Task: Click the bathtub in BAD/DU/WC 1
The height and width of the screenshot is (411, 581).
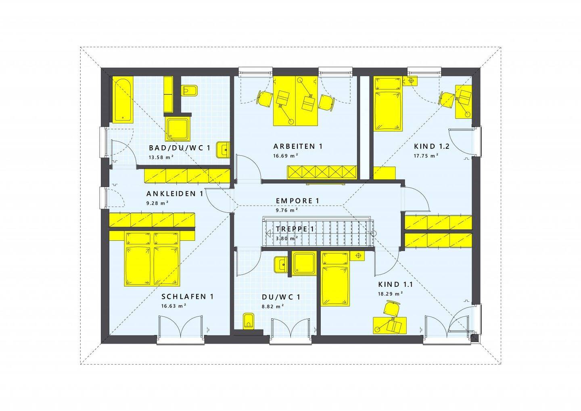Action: pos(123,100)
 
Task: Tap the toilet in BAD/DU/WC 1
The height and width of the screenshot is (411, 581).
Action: pos(190,90)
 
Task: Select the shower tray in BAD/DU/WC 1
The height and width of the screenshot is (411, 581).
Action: pos(178,129)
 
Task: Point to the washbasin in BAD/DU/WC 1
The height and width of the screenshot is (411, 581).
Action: pos(223,150)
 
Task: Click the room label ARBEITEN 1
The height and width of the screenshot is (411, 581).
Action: pos(298,146)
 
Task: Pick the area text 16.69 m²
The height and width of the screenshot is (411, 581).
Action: pos(285,156)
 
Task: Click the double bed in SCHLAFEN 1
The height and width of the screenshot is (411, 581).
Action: pos(152,259)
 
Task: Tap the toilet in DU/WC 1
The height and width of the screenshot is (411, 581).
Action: pos(249,321)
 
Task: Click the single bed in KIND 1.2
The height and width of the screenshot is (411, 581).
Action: pos(387,104)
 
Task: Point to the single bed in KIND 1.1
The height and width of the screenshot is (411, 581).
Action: pos(335,279)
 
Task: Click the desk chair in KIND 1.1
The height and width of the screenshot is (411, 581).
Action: pos(392,308)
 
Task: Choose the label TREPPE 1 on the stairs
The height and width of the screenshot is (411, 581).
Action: pos(295,229)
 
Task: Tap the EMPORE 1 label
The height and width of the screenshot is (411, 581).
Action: pos(297,201)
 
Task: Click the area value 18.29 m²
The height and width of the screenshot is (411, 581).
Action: pos(391,294)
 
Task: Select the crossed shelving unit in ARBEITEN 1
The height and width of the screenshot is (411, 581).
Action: pos(322,172)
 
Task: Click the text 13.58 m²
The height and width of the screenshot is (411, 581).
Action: pos(161,157)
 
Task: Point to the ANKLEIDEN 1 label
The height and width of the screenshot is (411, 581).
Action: pos(175,194)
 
